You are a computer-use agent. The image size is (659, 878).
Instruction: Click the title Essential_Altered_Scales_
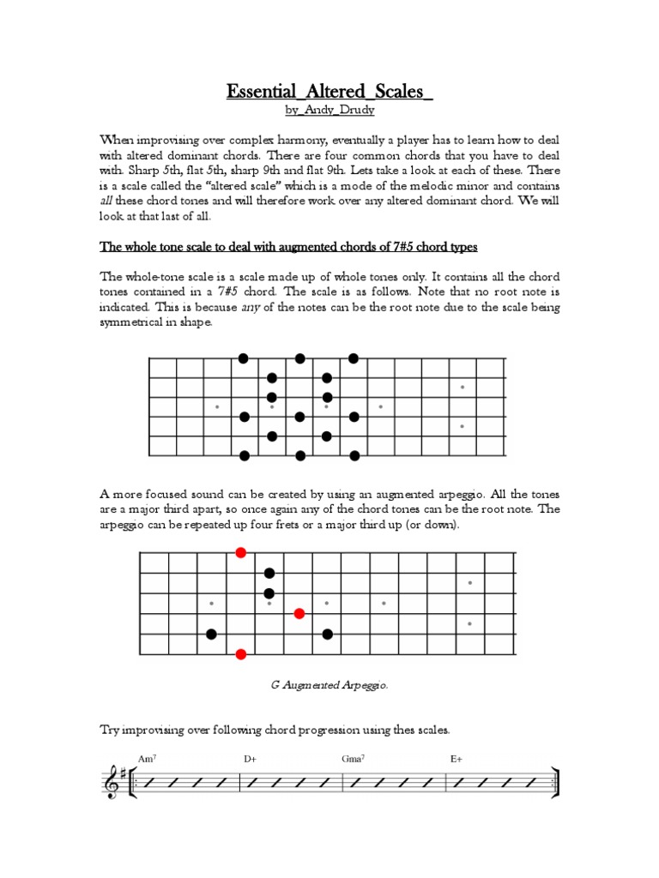click(329, 92)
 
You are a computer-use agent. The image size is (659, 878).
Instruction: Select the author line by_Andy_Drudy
click(329, 111)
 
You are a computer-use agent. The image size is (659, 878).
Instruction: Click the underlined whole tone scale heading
click(288, 247)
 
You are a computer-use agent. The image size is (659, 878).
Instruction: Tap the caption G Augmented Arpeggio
click(329, 685)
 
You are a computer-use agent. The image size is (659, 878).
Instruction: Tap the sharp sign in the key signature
click(126, 774)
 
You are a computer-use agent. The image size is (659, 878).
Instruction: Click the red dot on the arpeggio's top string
click(241, 553)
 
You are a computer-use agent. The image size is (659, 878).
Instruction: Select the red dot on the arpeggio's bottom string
click(241, 654)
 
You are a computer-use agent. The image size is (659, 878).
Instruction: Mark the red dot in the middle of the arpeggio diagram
click(299, 613)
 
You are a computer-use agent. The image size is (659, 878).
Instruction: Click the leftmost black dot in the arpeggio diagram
click(211, 634)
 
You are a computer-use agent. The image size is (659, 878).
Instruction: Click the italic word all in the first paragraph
click(107, 201)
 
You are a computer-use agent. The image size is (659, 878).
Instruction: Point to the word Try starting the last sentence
click(111, 730)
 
